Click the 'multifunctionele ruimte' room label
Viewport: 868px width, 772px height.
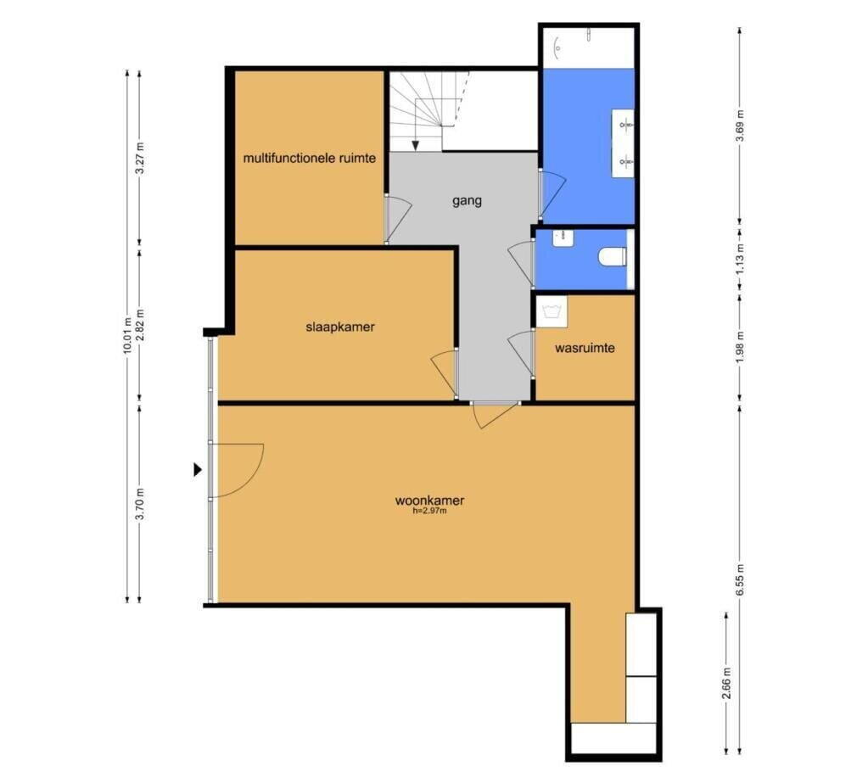coord(310,159)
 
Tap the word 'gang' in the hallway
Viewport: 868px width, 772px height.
coord(467,201)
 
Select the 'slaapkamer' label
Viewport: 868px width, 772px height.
coord(340,327)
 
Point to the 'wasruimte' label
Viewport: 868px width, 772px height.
coord(585,348)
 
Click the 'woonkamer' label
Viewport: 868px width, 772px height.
coord(429,501)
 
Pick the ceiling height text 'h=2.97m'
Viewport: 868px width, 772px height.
coord(429,511)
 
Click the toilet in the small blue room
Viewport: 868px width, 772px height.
coord(613,257)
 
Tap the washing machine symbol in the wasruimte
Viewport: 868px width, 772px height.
coord(552,311)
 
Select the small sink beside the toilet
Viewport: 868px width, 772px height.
coord(563,238)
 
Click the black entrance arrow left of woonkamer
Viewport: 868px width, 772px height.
coord(198,470)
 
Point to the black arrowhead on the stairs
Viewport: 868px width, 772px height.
coord(415,146)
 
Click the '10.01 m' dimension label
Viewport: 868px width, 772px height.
coord(127,336)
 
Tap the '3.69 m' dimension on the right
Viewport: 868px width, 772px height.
coord(740,126)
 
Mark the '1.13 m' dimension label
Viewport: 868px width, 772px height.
coord(740,259)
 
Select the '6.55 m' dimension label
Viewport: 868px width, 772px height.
coord(740,579)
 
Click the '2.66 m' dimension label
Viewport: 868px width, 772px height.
coord(727,683)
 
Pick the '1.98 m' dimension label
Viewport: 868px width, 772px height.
coord(740,346)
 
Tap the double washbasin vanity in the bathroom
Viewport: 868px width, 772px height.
coord(623,143)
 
